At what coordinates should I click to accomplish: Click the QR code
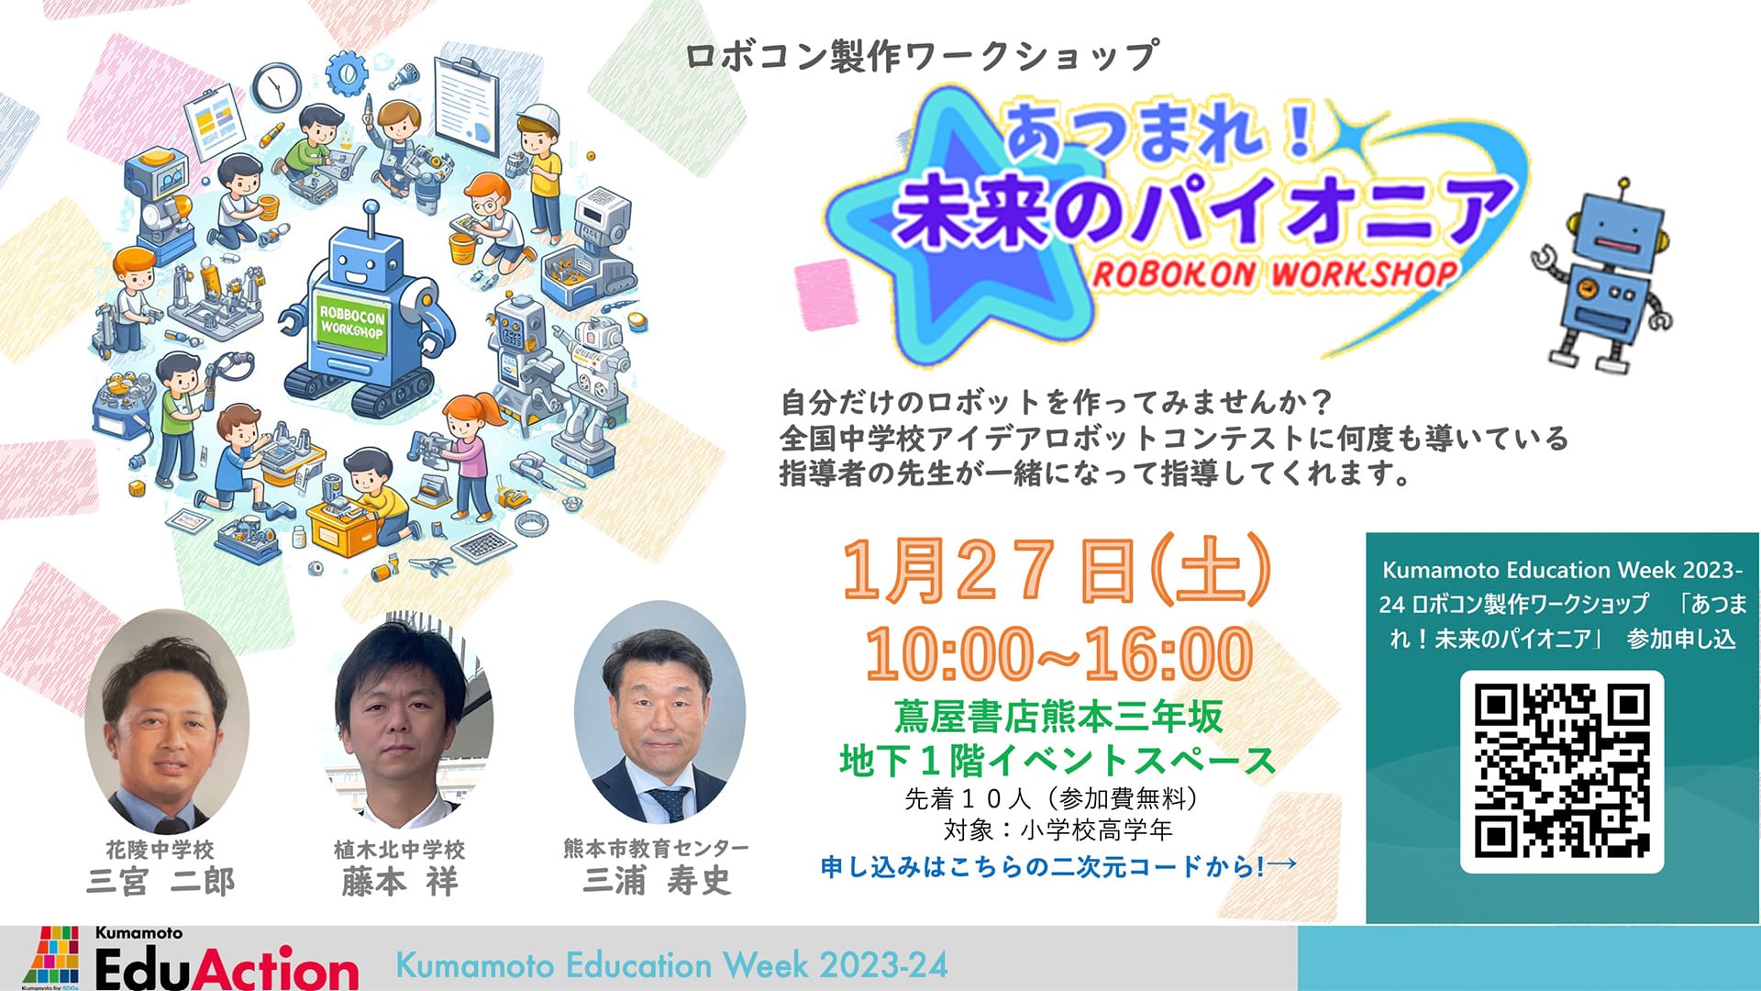point(1562,772)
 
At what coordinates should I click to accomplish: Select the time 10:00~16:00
point(1059,653)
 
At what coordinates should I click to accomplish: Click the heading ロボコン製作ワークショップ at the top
point(922,55)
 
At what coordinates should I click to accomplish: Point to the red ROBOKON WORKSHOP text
point(1275,273)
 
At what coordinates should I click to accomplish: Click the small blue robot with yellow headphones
point(1600,276)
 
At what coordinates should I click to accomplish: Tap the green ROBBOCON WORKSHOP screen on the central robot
point(352,320)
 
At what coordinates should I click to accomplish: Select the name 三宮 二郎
point(161,882)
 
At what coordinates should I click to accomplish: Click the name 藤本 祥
point(400,882)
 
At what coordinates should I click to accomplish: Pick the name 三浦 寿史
point(658,881)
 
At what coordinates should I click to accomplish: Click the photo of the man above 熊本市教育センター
point(659,713)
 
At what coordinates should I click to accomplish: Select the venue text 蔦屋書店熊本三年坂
point(1058,718)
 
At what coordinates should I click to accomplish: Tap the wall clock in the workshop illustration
point(277,87)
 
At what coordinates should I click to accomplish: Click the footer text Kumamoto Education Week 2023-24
point(671,965)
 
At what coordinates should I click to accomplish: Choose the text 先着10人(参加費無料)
point(1052,798)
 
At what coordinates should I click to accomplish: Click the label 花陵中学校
point(160,850)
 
